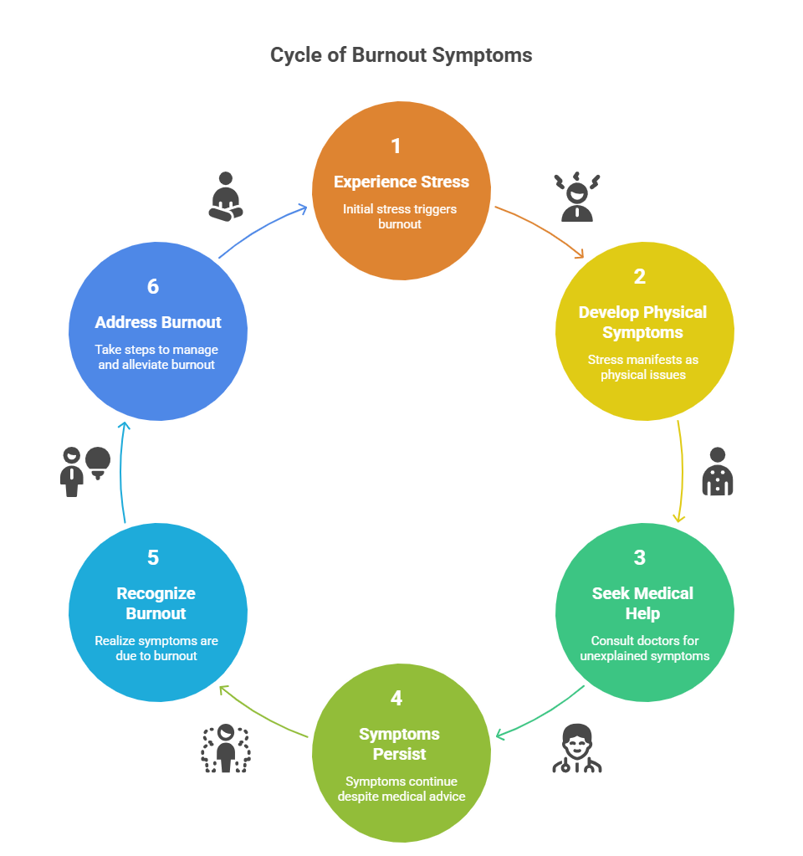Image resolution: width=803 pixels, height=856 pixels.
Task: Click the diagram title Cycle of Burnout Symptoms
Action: point(401,55)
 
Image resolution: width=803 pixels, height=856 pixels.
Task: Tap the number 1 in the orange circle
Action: point(396,146)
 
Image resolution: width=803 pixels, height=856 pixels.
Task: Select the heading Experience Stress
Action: point(401,182)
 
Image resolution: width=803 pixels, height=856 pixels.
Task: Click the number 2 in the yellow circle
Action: point(640,277)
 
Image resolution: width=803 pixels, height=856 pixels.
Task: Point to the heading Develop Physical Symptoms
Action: point(642,322)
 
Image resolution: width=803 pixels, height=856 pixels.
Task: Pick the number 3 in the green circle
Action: point(640,558)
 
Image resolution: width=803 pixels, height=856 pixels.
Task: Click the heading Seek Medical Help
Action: point(642,603)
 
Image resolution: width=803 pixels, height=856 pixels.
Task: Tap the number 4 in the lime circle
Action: point(396,699)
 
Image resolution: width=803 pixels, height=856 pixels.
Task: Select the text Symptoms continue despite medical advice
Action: point(401,788)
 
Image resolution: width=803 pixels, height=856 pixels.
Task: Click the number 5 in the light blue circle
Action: point(153,558)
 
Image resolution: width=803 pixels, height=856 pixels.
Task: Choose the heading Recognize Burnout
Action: point(156,603)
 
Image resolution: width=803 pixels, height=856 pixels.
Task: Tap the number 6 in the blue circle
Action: point(153,287)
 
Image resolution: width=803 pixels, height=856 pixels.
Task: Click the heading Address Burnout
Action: point(158,322)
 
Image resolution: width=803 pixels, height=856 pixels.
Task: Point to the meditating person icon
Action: point(225,197)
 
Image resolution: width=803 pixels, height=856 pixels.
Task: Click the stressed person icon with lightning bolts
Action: point(577,197)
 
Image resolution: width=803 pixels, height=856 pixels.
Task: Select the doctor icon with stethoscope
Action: point(577,748)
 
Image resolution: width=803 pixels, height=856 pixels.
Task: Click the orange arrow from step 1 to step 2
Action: point(541,229)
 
